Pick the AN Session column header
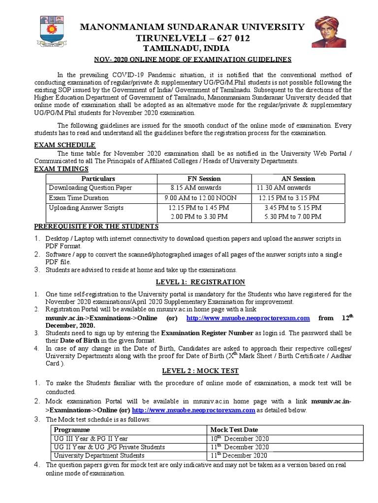tap(297, 179)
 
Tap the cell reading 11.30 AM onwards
tap(283, 188)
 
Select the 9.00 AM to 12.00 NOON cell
tap(200, 198)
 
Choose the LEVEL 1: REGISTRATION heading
tap(200, 282)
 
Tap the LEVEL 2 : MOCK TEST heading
tap(200, 371)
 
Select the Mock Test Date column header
tap(234, 429)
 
